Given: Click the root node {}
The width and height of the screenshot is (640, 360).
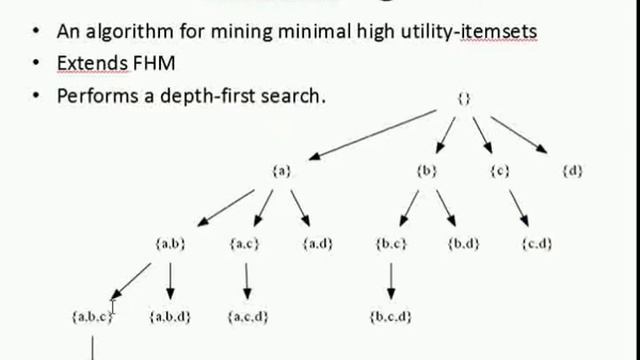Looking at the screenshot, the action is [463, 99].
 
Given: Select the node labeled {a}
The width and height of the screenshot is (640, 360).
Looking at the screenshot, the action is [282, 171].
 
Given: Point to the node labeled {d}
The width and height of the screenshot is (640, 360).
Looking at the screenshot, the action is [572, 171].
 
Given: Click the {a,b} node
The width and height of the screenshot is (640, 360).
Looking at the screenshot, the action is [170, 243].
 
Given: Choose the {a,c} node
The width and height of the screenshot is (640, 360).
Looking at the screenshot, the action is [245, 243].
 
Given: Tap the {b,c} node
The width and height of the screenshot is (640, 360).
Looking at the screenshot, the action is [391, 243].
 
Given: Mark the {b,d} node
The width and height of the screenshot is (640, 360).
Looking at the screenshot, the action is [463, 243].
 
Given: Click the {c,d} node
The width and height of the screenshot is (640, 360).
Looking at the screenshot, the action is [537, 243].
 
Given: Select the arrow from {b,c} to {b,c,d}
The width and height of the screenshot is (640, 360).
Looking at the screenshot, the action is [391, 280].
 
